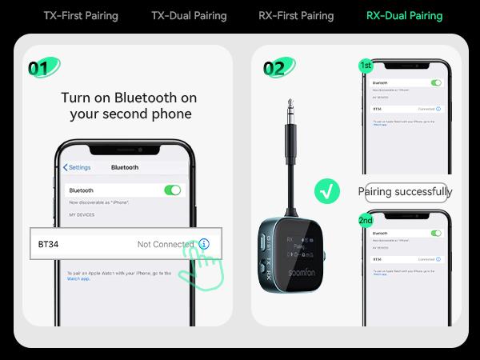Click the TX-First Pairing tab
(x=80, y=15)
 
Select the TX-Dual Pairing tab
(x=189, y=15)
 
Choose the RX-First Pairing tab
(x=296, y=15)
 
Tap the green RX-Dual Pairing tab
(x=404, y=15)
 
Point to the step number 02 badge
(x=274, y=67)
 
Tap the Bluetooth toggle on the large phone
(x=172, y=190)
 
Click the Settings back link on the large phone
(x=77, y=167)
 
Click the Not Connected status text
(x=166, y=244)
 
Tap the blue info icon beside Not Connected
(x=204, y=244)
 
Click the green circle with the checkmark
(x=326, y=191)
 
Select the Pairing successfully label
(x=405, y=192)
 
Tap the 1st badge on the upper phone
(x=366, y=65)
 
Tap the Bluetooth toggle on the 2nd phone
(x=436, y=233)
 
